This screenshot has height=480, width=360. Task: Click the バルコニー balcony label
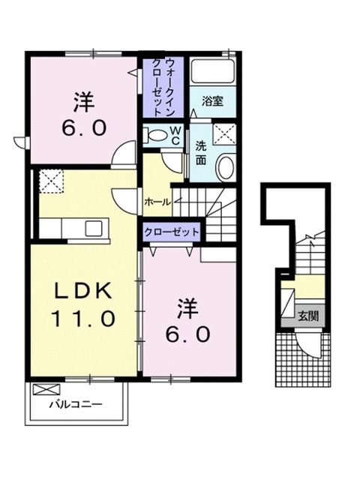pos(76,404)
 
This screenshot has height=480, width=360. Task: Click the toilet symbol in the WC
pos(157,136)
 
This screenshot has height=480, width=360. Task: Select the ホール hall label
pos(157,202)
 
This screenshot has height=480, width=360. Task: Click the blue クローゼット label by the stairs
pos(171,232)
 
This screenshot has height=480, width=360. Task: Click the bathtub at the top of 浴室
pos(214,73)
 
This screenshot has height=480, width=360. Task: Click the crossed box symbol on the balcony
pos(45,389)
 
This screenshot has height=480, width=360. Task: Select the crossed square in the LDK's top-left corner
pos(51,181)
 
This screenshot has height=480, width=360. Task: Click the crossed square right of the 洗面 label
pos(224,134)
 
